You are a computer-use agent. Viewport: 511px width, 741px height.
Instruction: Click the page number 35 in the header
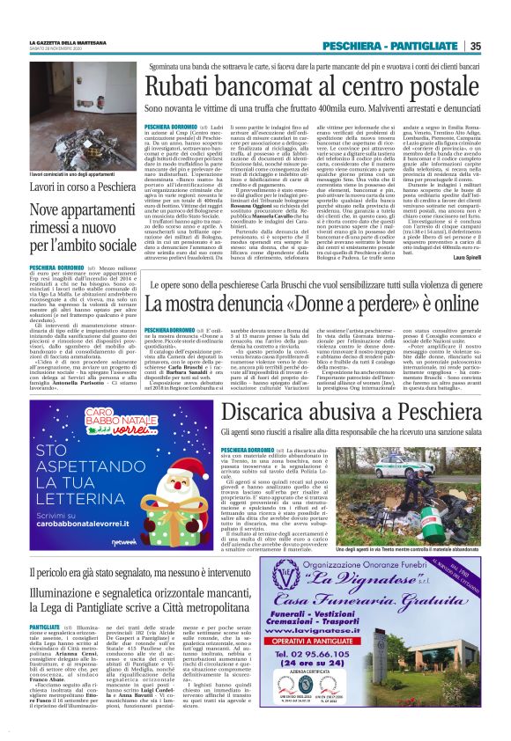tap(475, 46)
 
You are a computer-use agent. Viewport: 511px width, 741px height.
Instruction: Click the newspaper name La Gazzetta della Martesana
tap(69, 41)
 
